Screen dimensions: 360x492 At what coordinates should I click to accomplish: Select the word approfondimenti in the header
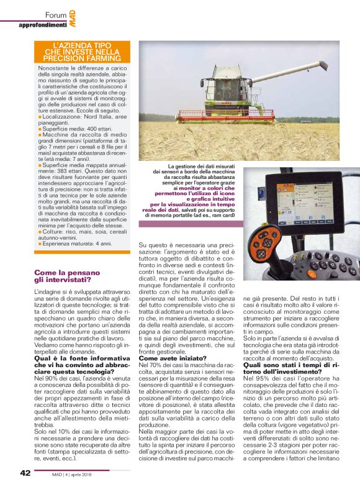click(x=43, y=25)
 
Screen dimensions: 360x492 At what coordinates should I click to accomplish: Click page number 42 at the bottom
click(x=24, y=474)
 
